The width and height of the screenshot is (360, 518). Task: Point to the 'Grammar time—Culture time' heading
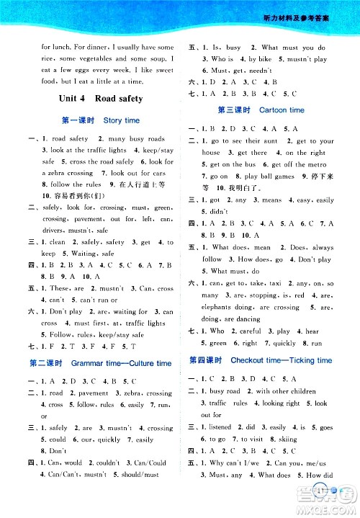click(100, 364)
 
